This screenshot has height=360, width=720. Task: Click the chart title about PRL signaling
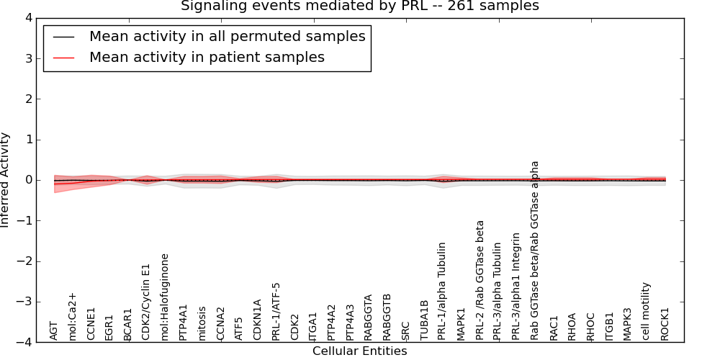359,6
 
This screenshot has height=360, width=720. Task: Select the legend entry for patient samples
207,58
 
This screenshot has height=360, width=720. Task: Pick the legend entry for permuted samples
227,37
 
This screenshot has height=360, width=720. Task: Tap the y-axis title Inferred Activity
6,180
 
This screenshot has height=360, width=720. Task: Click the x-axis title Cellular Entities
359,351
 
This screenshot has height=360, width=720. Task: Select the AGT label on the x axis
54,330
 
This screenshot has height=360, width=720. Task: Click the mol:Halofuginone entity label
165,297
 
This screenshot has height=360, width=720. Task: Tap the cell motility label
646,311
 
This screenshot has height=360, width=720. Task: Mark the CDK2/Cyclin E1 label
146,302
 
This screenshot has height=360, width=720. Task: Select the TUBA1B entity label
424,320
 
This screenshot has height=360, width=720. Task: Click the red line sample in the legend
63,58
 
